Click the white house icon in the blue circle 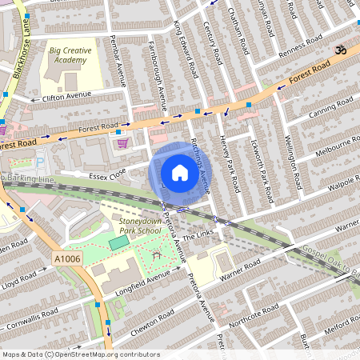pyautogui.click(x=180, y=172)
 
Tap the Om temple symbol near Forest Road pyautogui.click(x=338, y=49)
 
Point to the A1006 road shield pyautogui.click(x=67, y=258)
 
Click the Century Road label pyautogui.click(x=213, y=44)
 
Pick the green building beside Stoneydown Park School pyautogui.click(x=118, y=242)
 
